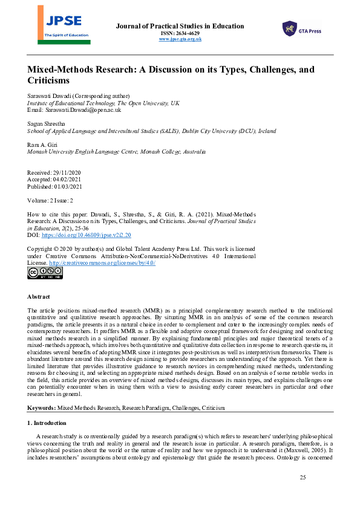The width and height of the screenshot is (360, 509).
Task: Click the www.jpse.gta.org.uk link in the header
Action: [180, 39]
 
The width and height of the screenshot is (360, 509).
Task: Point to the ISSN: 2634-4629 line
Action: [180, 33]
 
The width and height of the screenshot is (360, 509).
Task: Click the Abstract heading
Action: [39, 297]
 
